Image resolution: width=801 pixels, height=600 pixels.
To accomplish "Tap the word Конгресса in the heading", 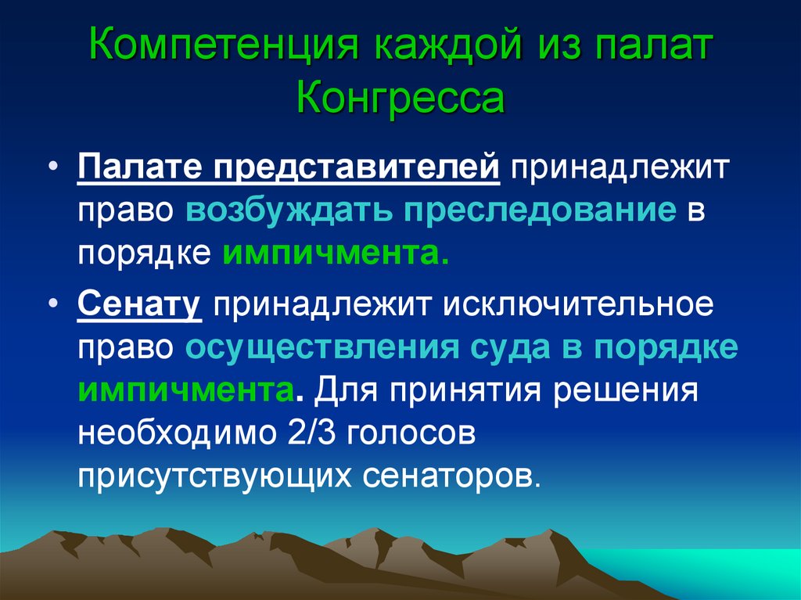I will (400, 101).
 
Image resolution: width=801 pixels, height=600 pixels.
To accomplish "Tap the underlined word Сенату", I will (139, 304).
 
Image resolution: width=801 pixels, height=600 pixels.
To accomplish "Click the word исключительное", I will (580, 304).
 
